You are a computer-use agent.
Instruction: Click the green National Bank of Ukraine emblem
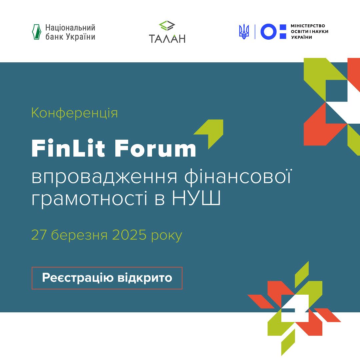[x=37, y=32]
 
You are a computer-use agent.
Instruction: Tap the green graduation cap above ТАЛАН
[x=167, y=25]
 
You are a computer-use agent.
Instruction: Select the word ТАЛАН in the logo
[x=167, y=38]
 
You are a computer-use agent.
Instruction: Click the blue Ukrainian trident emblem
[x=244, y=32]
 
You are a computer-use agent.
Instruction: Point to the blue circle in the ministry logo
[x=268, y=32]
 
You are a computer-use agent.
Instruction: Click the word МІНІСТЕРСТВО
[x=308, y=26]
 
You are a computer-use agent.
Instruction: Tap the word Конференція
[x=74, y=113]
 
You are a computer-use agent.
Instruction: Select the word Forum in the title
[x=155, y=149]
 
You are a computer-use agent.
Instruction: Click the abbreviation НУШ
[x=196, y=198]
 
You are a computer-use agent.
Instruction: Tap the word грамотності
[x=89, y=199]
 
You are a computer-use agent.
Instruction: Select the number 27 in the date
[x=39, y=235]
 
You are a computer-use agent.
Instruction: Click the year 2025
[x=129, y=235]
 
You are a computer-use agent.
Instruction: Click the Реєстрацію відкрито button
[x=107, y=278]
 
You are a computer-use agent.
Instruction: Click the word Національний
[x=70, y=28]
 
